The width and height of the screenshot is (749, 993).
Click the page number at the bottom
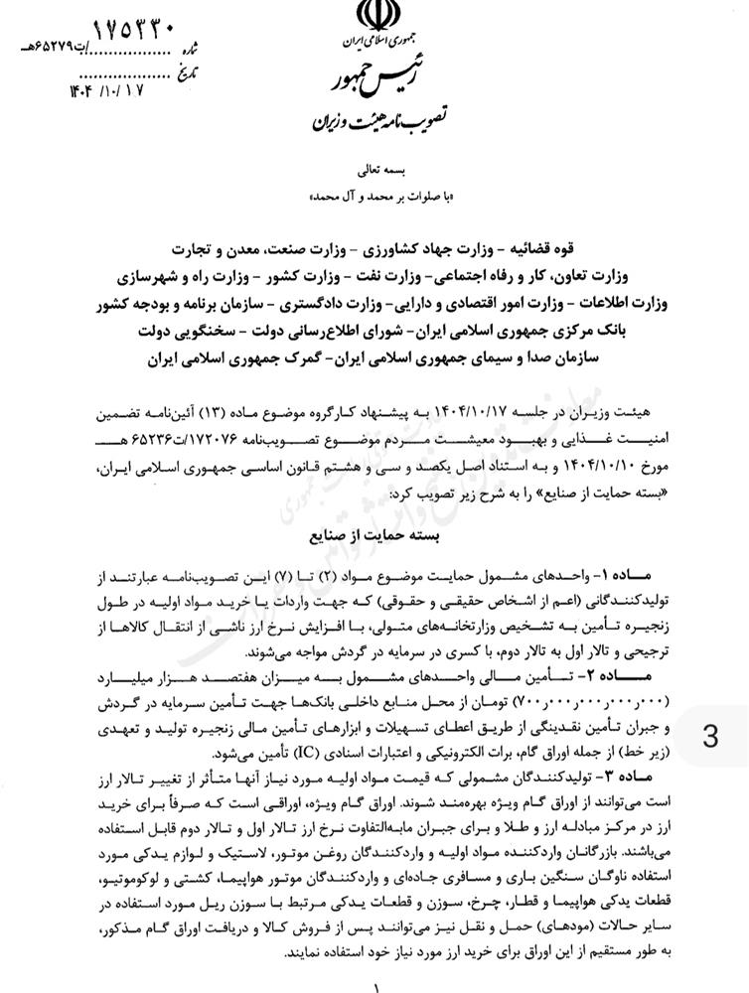point(375,984)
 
